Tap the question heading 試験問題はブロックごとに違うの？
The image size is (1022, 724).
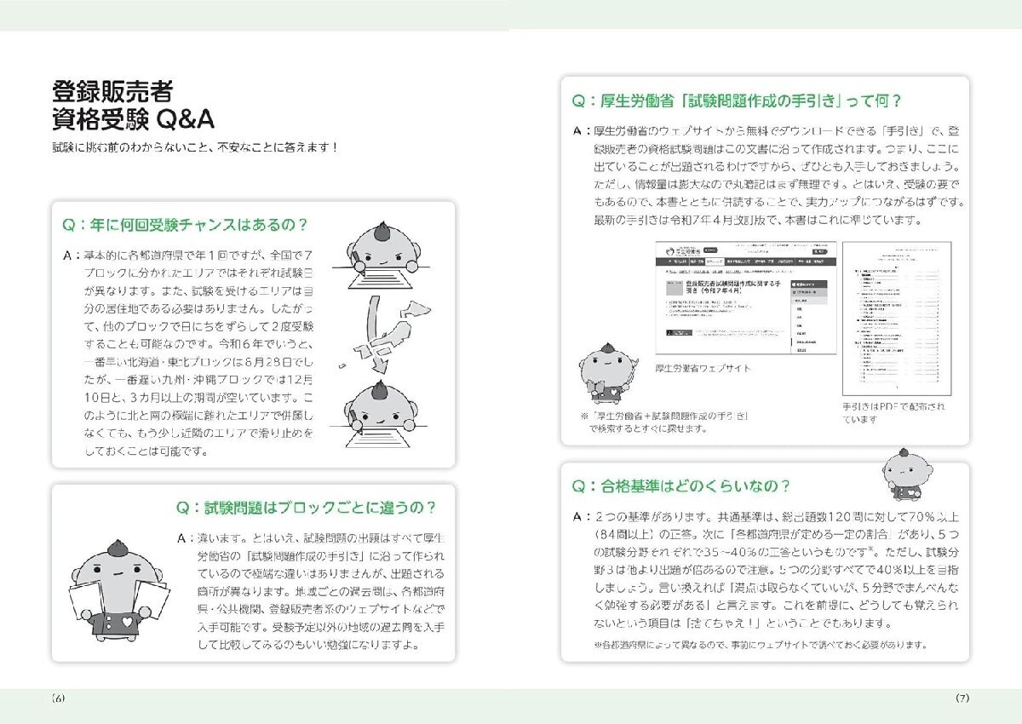[307, 508]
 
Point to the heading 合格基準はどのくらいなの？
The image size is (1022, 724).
[681, 486]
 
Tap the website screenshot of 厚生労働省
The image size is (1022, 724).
[745, 298]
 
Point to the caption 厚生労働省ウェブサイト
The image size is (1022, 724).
[703, 368]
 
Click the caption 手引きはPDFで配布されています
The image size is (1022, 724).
[893, 413]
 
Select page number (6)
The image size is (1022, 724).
[58, 698]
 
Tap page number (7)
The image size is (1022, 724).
[962, 698]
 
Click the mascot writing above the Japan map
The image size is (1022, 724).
[388, 256]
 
